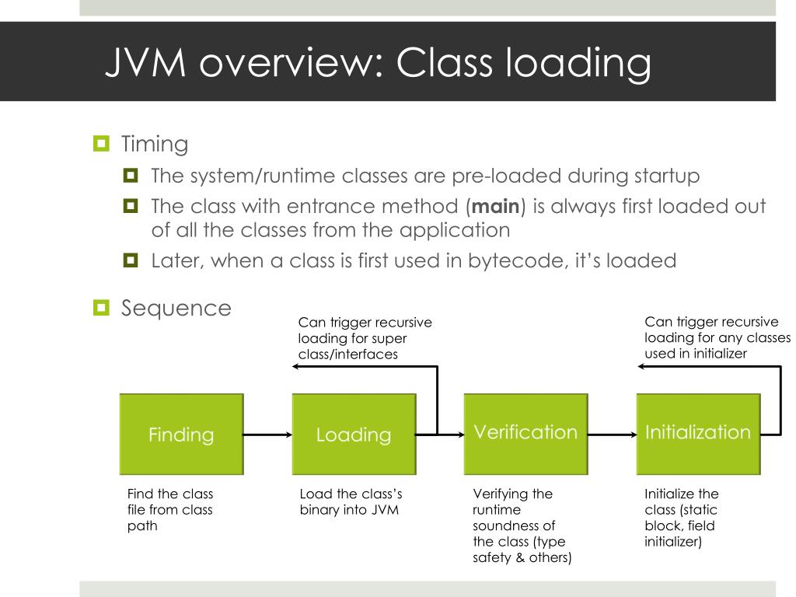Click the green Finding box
point(181,435)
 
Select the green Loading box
point(354,435)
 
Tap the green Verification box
point(525,434)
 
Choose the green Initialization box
point(698,434)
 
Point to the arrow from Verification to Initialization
point(612,435)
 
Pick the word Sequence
point(176,308)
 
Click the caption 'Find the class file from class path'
point(169,509)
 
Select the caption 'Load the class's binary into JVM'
point(351,501)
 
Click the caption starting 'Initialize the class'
point(681,517)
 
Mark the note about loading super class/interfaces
point(365,338)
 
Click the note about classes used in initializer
point(717,338)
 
